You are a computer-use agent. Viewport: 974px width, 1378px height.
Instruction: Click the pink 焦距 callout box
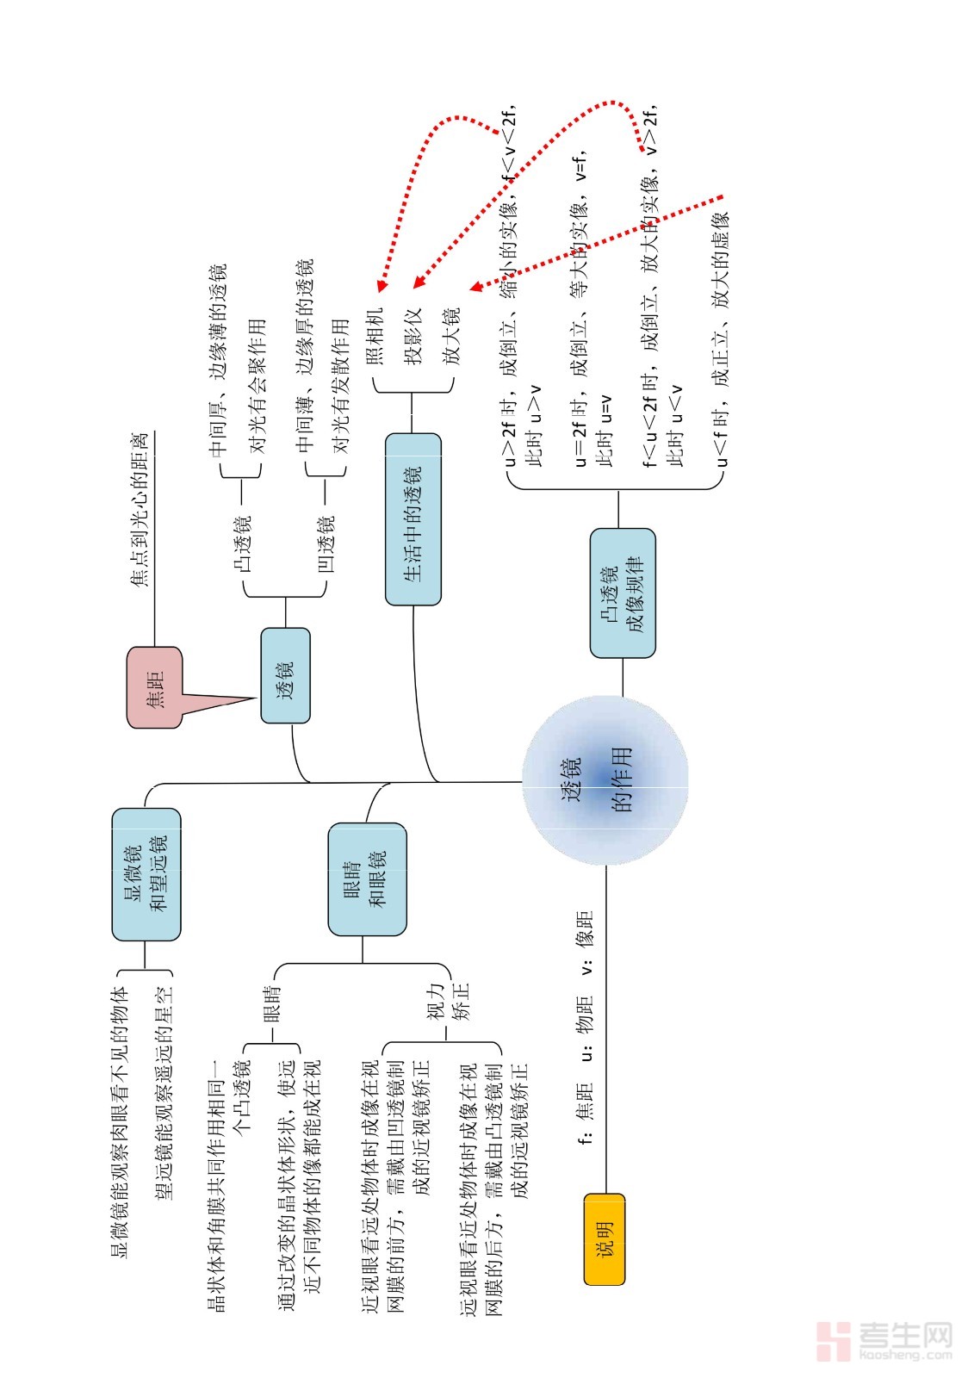155,686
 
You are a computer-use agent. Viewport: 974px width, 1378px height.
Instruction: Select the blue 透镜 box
285,675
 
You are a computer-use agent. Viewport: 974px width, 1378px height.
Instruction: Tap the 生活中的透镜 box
413,518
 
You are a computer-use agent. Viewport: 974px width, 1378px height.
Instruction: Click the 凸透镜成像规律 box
622,593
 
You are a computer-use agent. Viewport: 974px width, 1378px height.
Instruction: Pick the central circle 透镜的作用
605,781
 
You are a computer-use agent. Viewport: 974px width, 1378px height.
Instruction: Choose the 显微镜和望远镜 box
146,873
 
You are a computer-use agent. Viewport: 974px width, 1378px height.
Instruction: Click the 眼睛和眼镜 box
367,879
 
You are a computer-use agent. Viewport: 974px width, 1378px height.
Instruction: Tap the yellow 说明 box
604,1238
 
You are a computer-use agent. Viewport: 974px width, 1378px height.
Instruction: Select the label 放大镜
451,336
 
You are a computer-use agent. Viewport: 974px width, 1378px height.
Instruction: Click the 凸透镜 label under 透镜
244,544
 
